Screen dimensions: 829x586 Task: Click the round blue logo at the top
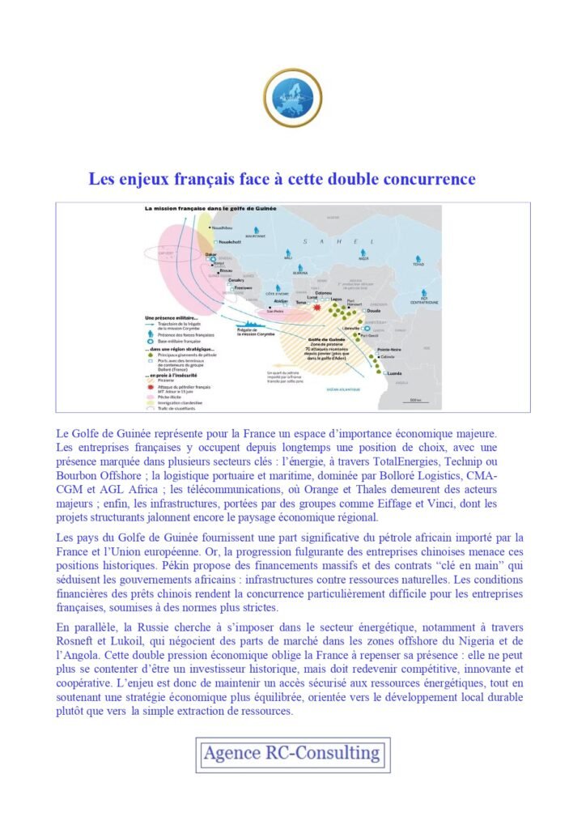[293, 98]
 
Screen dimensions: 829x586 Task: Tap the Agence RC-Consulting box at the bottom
[292, 755]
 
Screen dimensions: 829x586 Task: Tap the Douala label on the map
[374, 310]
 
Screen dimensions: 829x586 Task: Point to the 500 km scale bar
[415, 399]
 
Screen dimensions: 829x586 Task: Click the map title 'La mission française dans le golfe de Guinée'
[210, 208]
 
